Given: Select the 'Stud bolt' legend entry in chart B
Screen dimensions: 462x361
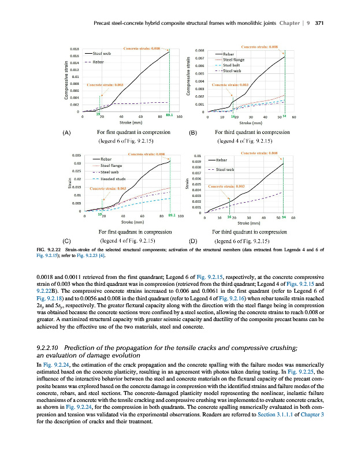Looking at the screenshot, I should click(x=232, y=65).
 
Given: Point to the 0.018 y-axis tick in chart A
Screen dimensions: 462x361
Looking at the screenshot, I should click(x=75, y=49).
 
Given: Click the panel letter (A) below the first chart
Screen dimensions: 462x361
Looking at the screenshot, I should click(x=67, y=133).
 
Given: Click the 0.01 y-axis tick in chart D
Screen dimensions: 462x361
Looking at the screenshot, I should click(x=197, y=155).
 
